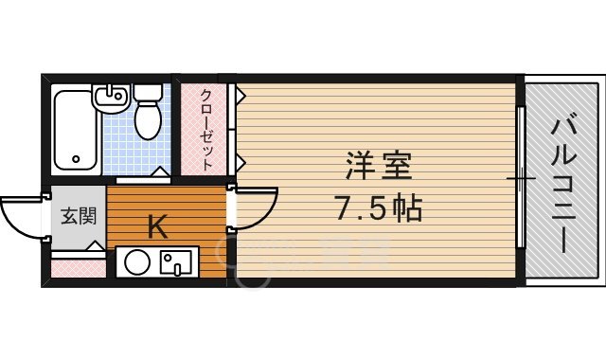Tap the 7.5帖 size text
376,206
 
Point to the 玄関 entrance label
79,215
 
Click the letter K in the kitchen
158,226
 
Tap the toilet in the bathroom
148,117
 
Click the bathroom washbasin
110,98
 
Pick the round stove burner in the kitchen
138,261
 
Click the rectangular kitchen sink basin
177,261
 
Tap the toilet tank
148,94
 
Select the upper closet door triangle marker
241,96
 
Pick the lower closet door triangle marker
241,159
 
